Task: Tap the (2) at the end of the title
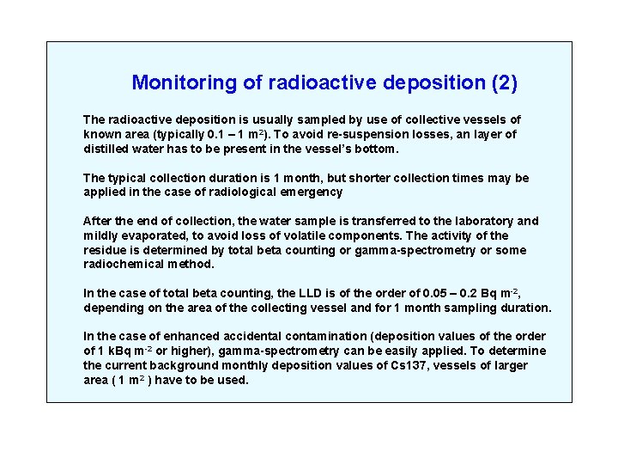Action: [x=504, y=83]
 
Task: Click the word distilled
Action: [x=108, y=149]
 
